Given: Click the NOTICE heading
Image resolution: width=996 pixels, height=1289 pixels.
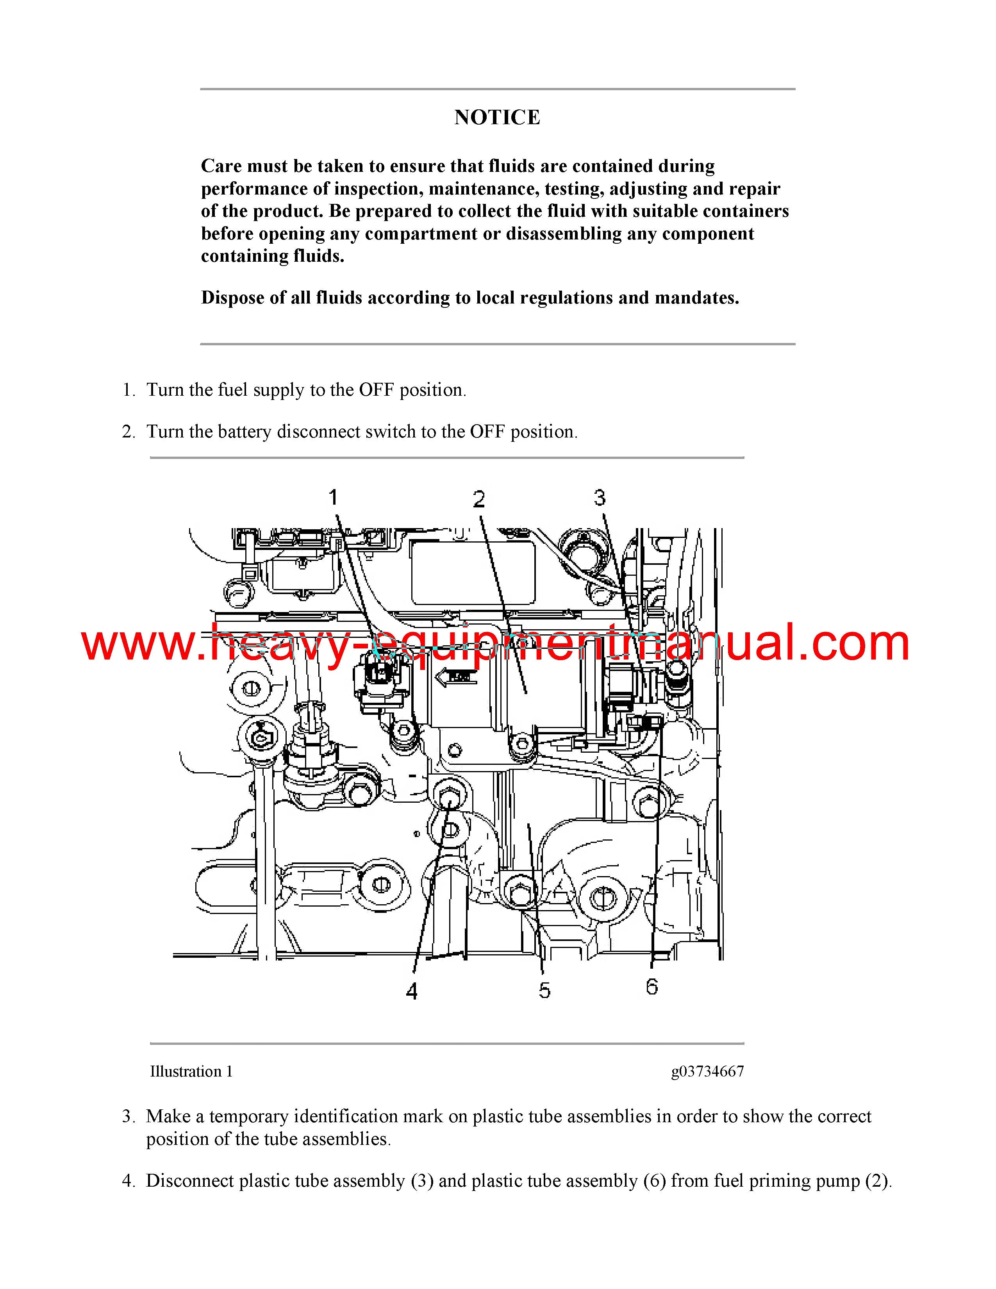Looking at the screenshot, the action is tap(497, 118).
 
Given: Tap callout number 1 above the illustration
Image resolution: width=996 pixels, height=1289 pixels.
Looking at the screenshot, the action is tap(334, 498).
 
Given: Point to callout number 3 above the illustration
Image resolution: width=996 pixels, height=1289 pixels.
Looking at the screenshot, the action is tap(600, 498).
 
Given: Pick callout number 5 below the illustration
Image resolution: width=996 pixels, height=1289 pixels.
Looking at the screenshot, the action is tap(544, 990).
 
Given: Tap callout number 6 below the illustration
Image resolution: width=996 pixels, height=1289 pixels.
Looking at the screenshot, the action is tap(652, 986).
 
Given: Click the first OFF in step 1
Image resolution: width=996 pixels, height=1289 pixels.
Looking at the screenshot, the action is tap(377, 390).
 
